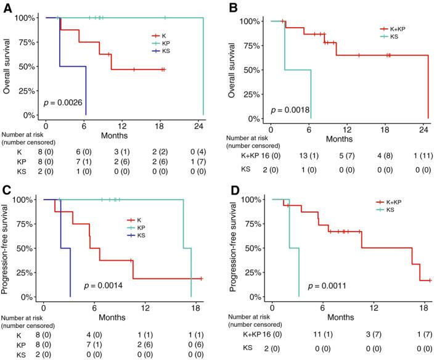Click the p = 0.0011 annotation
click(x=329, y=286)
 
